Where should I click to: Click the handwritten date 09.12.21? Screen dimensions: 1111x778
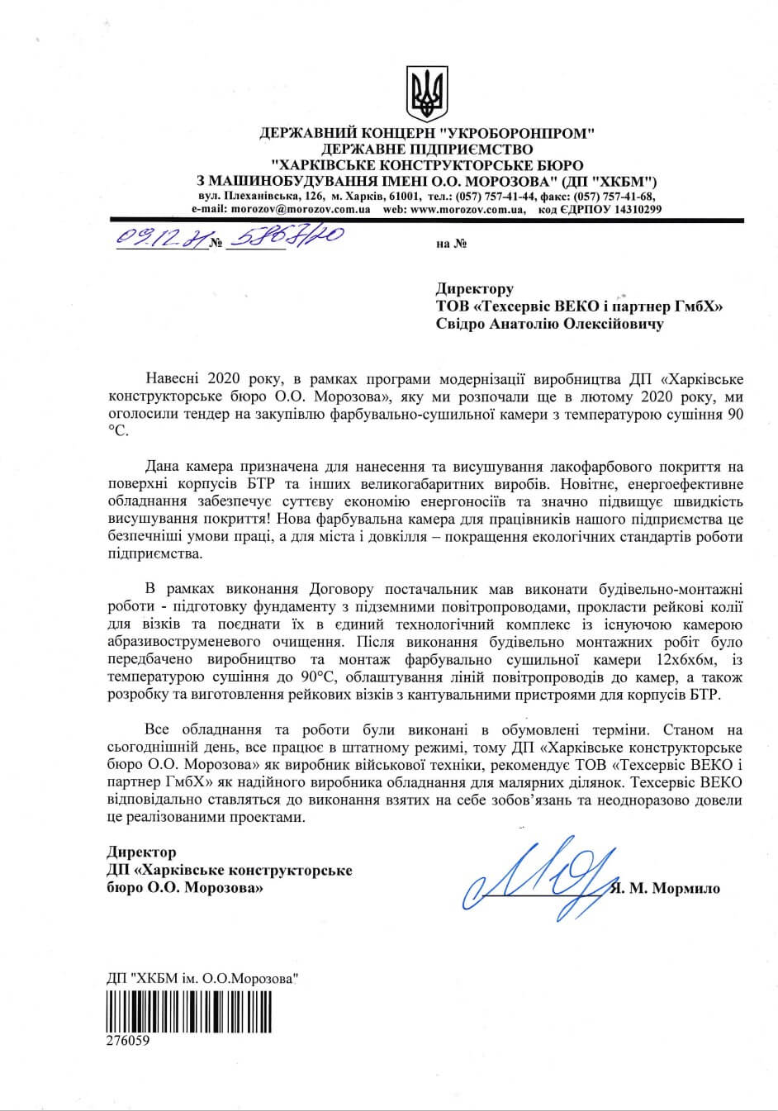pos(158,240)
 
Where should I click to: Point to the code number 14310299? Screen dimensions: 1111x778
pos(629,210)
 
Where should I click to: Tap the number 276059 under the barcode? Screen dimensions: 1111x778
pos(128,1041)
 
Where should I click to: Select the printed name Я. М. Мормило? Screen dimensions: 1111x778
pos(665,889)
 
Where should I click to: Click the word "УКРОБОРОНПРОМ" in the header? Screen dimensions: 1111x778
pos(517,133)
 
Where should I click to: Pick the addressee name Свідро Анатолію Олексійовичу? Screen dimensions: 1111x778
pos(549,325)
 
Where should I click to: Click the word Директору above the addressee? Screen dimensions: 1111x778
pos(474,288)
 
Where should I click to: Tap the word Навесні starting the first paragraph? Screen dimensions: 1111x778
pos(173,380)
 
